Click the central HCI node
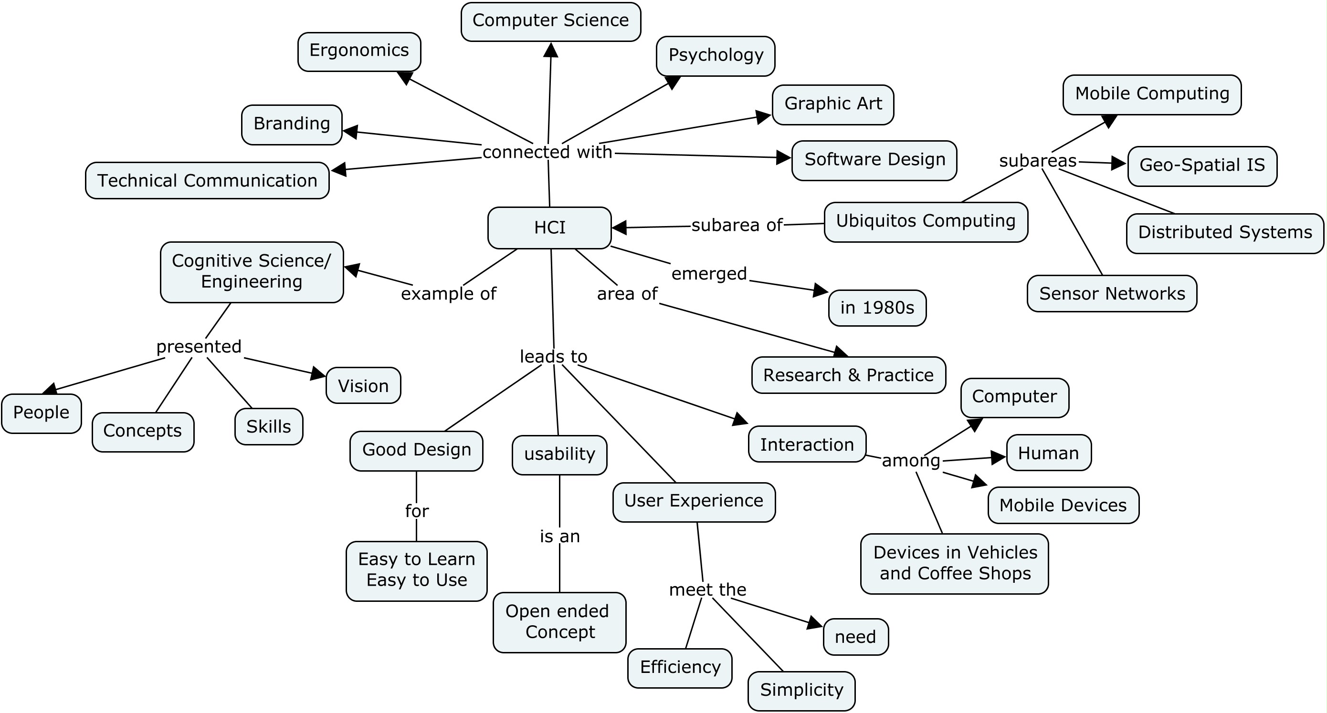pos(549,227)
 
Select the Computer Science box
pos(550,21)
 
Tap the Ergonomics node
pos(359,51)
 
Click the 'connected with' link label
pos(547,152)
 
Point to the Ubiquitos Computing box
pos(925,221)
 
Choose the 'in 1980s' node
pos(877,308)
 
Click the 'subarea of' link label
pos(737,225)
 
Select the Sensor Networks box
pos(1112,293)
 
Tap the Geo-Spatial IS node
pos(1202,165)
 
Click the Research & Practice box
pos(848,375)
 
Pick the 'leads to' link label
pos(553,356)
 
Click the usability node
pos(559,454)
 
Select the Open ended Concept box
pos(559,622)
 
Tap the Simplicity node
pos(801,690)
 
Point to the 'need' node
pos(855,637)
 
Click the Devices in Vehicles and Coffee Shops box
pos(954,563)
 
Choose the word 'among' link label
pos(910,460)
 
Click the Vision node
pos(363,385)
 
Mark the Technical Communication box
pos(207,181)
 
